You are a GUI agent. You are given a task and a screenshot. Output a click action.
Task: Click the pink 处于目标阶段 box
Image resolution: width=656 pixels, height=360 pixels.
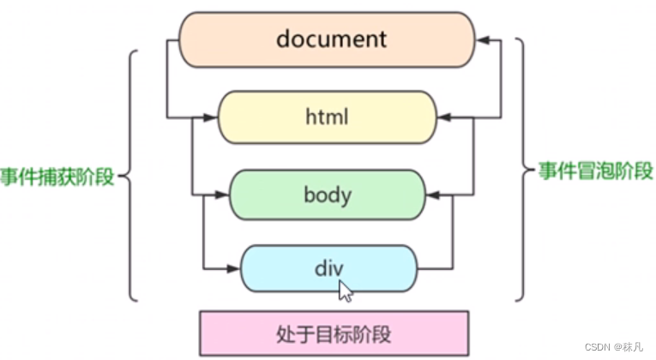tap(334, 333)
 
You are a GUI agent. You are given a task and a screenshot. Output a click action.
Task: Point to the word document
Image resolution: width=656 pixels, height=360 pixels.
tap(331, 39)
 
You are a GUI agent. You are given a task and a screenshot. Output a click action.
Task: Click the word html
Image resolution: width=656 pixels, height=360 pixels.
tap(327, 117)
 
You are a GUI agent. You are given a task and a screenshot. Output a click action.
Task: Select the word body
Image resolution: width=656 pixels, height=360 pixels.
tap(327, 195)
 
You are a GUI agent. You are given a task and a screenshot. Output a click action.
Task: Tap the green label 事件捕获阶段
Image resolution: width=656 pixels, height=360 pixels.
tap(57, 177)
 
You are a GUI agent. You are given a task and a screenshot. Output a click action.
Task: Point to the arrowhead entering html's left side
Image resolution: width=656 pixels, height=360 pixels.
tap(211, 117)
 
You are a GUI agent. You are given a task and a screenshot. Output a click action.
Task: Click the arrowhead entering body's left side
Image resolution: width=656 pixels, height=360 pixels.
tap(222, 195)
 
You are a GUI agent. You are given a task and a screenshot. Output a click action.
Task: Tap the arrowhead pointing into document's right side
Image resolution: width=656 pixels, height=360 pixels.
tap(483, 39)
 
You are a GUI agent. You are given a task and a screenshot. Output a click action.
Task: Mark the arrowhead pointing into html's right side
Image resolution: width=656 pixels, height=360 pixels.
tap(443, 117)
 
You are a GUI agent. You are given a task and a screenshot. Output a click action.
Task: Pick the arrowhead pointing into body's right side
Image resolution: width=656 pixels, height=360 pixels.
tap(433, 195)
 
